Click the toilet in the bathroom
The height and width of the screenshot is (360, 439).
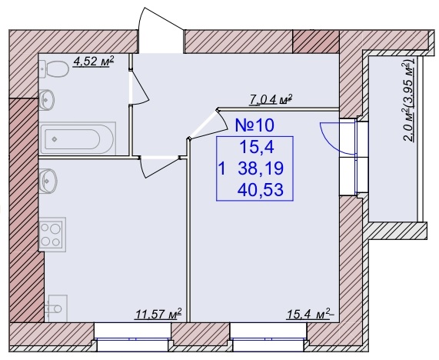click(54, 68)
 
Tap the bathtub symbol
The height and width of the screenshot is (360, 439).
click(78, 138)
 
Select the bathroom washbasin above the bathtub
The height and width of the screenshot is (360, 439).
click(46, 100)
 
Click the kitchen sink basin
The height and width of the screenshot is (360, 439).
click(48, 181)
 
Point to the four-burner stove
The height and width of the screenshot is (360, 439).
click(52, 235)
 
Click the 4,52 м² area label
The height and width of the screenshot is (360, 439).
click(94, 62)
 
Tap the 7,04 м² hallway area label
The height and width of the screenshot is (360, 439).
click(271, 99)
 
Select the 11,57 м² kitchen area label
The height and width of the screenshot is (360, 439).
click(158, 314)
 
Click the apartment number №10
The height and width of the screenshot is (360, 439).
click(254, 125)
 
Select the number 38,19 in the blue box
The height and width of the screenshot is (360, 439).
click(261, 168)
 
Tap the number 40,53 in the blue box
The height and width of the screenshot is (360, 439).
click(261, 189)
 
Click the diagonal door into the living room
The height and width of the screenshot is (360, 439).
click(208, 124)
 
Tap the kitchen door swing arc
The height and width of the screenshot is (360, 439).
click(160, 167)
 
